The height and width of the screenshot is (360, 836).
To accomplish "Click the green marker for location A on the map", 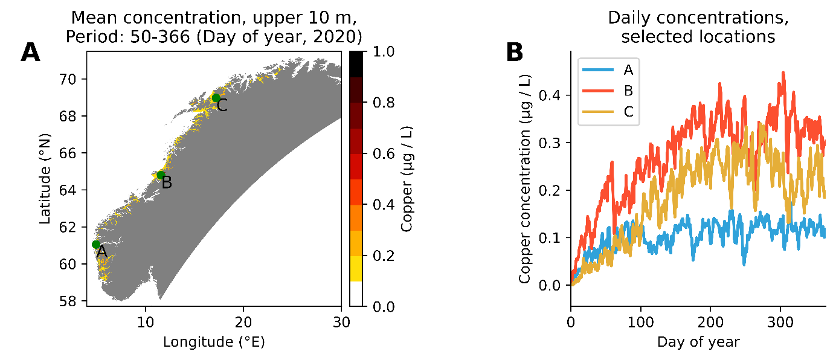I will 96,244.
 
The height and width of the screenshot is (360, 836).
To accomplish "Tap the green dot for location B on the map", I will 161,175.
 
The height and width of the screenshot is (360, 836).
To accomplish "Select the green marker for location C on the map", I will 216,98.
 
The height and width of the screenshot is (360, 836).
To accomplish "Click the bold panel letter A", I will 30,53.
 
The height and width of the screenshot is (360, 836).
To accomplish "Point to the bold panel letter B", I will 514,53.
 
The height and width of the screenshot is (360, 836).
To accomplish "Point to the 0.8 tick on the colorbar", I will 384,103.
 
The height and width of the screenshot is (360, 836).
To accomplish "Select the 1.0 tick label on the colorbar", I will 384,52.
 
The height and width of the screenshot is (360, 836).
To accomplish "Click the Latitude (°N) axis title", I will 46,179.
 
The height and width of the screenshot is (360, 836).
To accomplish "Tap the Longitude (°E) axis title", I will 214,342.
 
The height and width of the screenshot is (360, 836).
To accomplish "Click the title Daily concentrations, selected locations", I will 698,28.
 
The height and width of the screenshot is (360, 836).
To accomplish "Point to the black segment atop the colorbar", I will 356,64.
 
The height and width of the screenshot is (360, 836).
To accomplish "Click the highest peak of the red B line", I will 783,72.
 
